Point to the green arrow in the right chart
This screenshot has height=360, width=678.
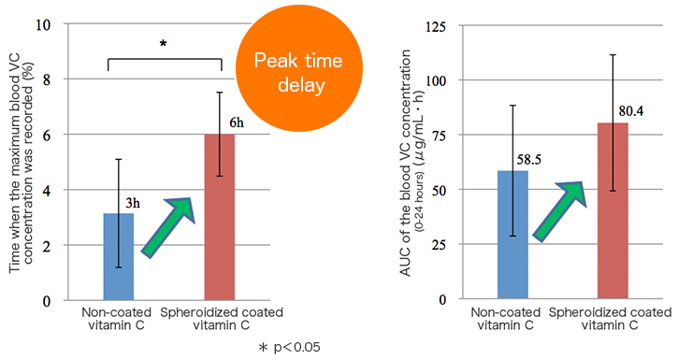point(558,210)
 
